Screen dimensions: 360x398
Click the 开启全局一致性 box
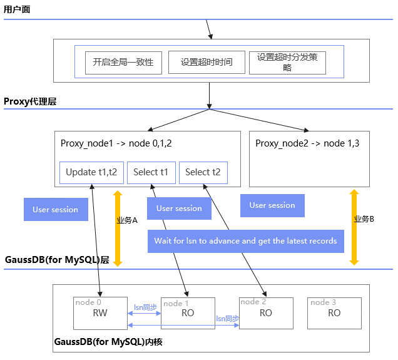pos(123,63)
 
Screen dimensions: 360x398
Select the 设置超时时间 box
pos(207,63)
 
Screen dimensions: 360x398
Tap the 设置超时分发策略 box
pos(287,63)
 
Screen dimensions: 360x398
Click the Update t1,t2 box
pos(91,173)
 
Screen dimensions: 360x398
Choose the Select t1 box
pos(151,173)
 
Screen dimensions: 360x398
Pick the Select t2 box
pos(203,173)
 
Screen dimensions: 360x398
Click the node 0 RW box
pos(100,312)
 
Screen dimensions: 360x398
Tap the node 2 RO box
pos(265,312)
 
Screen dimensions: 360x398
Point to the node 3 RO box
pos(334,312)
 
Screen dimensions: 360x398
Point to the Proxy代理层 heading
pos(30,101)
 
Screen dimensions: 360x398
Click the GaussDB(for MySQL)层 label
pos(57,260)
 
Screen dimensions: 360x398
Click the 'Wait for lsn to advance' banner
pos(245,241)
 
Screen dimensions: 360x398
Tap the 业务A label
pos(127,220)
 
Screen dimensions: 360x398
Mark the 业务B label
pos(364,219)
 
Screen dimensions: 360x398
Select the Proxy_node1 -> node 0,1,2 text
pos(116,143)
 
